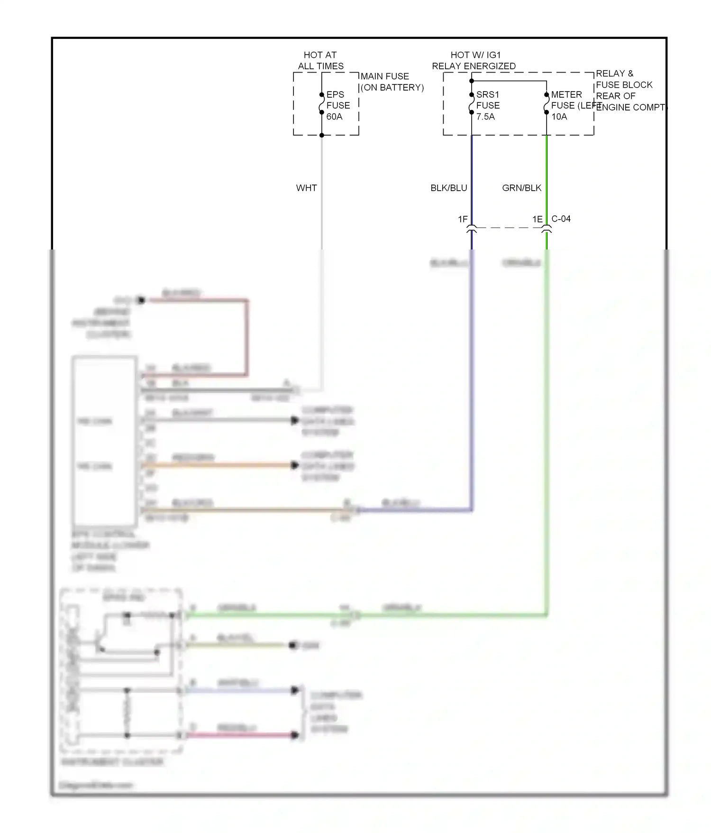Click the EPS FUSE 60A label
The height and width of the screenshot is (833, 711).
(x=337, y=105)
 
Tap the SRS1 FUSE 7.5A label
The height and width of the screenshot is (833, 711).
(x=487, y=105)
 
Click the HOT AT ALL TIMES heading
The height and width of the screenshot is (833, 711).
(x=320, y=60)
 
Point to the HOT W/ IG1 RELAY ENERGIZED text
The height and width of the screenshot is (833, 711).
(x=474, y=60)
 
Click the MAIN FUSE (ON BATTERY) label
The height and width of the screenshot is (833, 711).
(x=392, y=82)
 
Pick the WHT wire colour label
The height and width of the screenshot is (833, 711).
(x=306, y=188)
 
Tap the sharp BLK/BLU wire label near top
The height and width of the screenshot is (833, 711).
(x=448, y=188)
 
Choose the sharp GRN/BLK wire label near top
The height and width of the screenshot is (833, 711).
(x=521, y=188)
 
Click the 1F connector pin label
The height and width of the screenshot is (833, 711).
(x=463, y=219)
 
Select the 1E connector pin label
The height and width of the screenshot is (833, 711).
(x=537, y=219)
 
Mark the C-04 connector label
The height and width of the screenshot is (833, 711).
(x=561, y=219)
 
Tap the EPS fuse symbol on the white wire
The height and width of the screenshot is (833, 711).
(x=321, y=103)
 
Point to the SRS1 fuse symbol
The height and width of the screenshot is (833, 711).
(x=471, y=103)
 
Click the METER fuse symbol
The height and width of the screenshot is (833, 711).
(x=546, y=103)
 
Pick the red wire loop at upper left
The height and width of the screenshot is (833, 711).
(x=246, y=337)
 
